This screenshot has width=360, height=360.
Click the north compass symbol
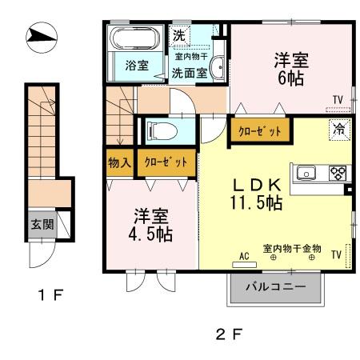(42, 37)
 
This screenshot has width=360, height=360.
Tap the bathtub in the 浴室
(135, 38)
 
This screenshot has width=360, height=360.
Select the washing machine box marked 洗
(180, 36)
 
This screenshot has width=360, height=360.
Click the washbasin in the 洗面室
(218, 68)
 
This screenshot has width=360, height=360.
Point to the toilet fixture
(162, 131)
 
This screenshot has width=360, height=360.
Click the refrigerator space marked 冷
(339, 130)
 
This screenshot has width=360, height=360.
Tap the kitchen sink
(306, 173)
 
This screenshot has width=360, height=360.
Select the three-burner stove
(338, 173)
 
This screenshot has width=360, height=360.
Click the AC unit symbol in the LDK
(244, 265)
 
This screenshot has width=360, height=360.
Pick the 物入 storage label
(120, 162)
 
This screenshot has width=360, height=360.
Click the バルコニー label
(275, 287)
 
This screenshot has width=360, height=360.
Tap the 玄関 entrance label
(42, 225)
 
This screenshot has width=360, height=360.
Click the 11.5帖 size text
(257, 203)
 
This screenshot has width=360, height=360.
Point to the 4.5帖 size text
(150, 234)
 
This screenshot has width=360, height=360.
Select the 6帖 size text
(291, 78)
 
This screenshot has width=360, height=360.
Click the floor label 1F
(50, 295)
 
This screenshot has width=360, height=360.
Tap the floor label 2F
(230, 334)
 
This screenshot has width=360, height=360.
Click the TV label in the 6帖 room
(338, 100)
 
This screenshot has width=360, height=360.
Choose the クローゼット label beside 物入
(166, 162)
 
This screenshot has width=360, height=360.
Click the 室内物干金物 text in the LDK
(292, 248)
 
